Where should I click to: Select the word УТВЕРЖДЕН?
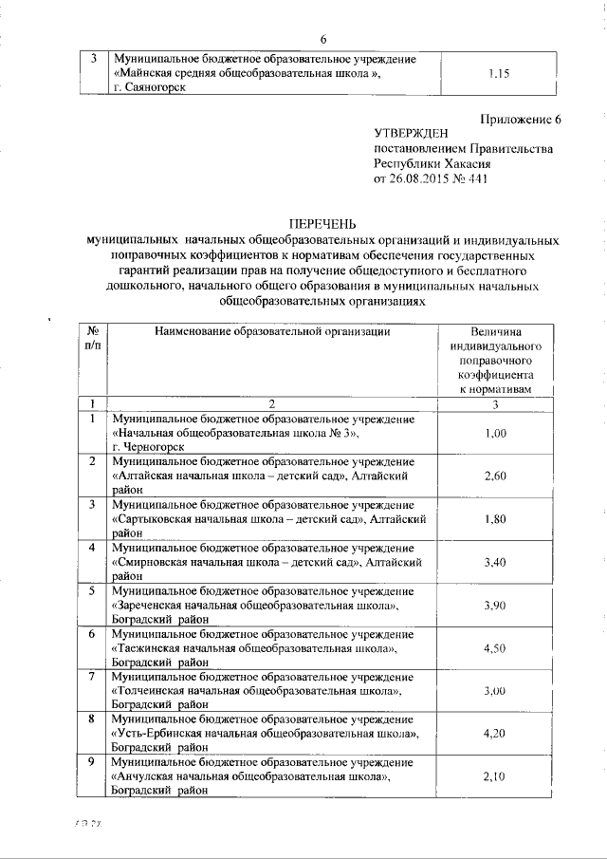pos(414,134)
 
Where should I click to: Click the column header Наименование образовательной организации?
pos(271,331)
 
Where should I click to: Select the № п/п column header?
pos(93,339)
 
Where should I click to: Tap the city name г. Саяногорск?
pos(149,87)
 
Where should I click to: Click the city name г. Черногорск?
pos(148,446)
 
